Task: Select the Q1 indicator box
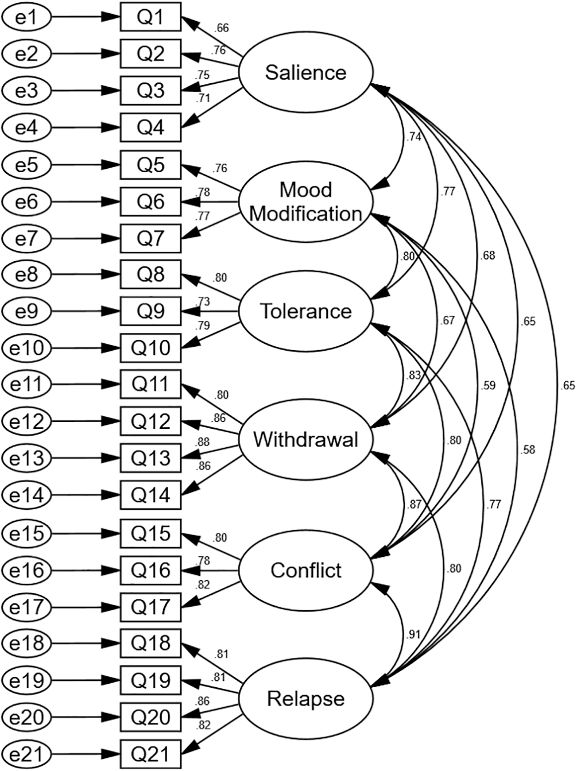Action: click(x=150, y=17)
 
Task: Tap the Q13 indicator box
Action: click(x=150, y=458)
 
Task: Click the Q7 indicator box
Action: click(x=150, y=238)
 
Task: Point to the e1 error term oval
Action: click(x=26, y=17)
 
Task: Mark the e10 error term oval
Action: click(x=26, y=348)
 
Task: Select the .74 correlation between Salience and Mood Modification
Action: click(x=413, y=137)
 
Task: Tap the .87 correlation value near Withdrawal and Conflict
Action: click(x=413, y=505)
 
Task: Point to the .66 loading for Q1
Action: click(x=221, y=28)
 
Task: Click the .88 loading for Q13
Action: click(x=202, y=442)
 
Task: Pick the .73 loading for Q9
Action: click(x=202, y=301)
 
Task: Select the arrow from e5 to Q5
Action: click(x=86, y=165)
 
